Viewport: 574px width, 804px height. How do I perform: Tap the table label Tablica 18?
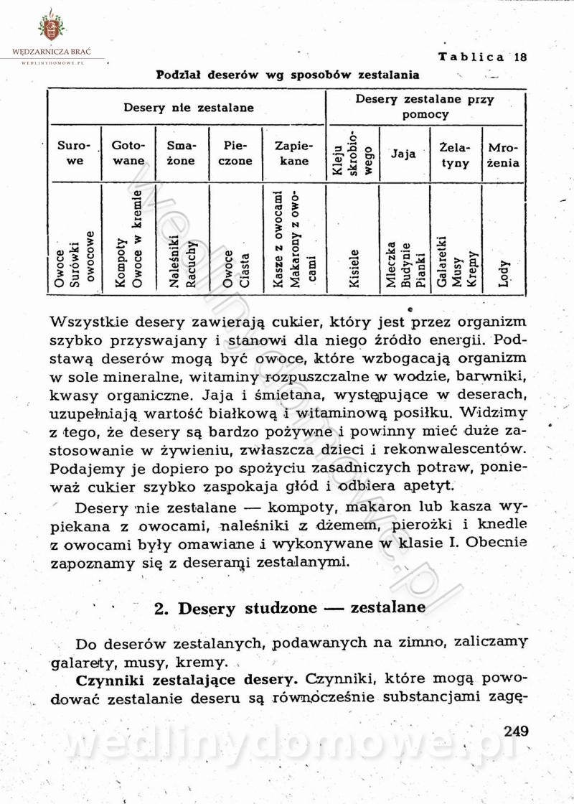(483, 57)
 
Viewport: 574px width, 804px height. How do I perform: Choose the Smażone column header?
(181, 154)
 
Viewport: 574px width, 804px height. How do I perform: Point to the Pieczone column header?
(235, 154)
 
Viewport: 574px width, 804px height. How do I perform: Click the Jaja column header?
(403, 154)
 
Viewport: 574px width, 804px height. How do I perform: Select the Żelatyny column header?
(455, 155)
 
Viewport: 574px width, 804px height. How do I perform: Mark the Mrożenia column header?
(504, 155)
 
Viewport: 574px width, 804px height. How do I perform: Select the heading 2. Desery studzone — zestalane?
(290, 608)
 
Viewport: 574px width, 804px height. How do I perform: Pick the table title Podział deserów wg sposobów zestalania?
(287, 75)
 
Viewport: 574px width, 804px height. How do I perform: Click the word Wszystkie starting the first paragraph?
(90, 322)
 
